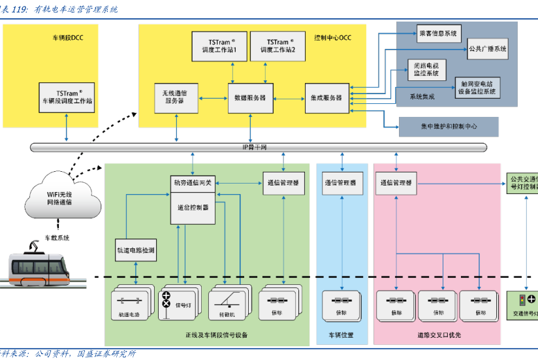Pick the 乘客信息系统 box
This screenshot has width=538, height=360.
(x=439, y=33)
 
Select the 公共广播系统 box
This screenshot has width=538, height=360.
(x=487, y=48)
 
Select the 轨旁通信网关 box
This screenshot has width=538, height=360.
(x=192, y=183)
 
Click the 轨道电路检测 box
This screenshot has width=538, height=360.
(x=135, y=250)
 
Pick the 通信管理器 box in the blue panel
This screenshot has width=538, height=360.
(x=340, y=184)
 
